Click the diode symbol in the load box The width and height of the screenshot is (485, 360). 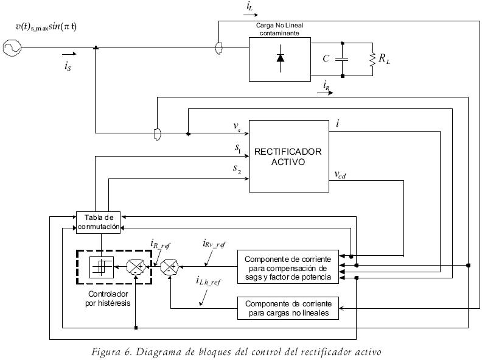tap(280, 58)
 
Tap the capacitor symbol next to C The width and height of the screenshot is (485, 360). tap(343, 59)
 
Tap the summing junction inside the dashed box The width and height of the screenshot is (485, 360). tap(134, 267)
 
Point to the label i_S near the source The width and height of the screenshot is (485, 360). tap(68, 68)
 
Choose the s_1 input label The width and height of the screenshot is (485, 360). tap(237, 147)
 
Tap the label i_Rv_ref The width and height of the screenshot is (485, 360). tap(213, 245)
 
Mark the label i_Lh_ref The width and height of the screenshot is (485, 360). tap(208, 282)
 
